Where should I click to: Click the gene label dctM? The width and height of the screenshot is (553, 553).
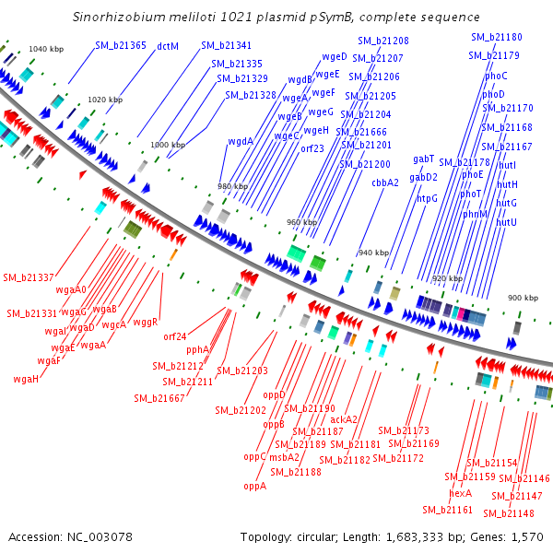pos(168,46)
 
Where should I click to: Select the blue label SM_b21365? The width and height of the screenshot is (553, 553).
pos(121,45)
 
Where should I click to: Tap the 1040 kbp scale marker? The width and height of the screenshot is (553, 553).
pos(46,49)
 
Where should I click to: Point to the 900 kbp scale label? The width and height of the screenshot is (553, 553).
pos(523,298)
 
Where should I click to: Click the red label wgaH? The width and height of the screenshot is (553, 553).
pos(26,379)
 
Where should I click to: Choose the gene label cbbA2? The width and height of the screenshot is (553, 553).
pos(385,182)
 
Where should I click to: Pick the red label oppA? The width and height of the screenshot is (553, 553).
pos(255,487)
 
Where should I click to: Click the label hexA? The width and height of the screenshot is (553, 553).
pos(460,493)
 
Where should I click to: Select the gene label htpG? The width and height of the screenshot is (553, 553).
pos(427,199)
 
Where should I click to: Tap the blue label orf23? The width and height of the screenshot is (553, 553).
pos(312,148)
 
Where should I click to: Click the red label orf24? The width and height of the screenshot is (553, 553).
pos(175,336)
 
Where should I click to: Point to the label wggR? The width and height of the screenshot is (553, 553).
pos(146,322)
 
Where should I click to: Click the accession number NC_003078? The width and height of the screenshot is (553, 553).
pos(100,537)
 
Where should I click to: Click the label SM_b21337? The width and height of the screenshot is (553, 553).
pos(29,278)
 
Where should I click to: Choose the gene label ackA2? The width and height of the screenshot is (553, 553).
pos(344,419)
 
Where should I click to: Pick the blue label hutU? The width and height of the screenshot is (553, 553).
pos(506,222)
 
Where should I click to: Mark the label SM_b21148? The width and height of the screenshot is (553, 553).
pos(509,513)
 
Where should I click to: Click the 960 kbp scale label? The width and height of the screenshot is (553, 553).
pos(302,222)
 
